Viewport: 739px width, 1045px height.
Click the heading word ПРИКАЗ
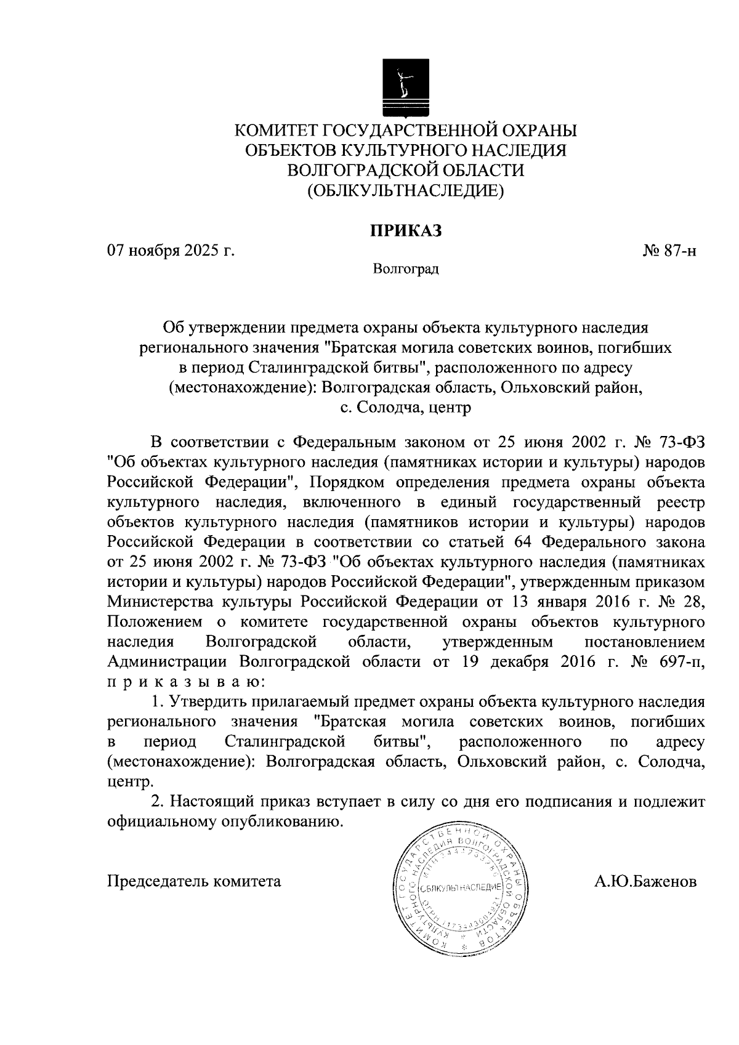pyautogui.click(x=406, y=230)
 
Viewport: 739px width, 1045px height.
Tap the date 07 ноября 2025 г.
pyautogui.click(x=172, y=251)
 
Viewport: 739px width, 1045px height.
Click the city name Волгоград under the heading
pyautogui.click(x=406, y=269)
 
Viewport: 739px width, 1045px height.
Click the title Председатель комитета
pyautogui.click(x=195, y=881)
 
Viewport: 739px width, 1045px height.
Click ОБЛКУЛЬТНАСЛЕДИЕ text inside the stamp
pyautogui.click(x=461, y=887)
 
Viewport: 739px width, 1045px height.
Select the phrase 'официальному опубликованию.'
pyautogui.click(x=225, y=821)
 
